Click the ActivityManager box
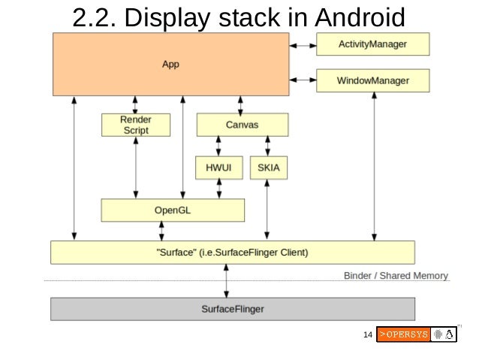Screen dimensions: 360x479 [372, 44]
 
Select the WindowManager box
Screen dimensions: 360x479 [372, 80]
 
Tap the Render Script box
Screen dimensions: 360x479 [136, 125]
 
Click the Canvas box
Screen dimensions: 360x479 [243, 124]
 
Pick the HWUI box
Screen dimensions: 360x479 [218, 168]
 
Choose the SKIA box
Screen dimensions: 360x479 [268, 168]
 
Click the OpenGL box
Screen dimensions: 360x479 [173, 210]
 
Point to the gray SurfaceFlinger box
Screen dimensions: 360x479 [232, 308]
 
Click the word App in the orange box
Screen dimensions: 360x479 [170, 64]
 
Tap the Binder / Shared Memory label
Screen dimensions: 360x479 [396, 276]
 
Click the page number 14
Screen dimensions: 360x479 [367, 334]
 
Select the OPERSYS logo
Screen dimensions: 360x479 [402, 334]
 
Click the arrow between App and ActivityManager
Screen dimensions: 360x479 [303, 45]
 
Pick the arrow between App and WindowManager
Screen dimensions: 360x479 [303, 79]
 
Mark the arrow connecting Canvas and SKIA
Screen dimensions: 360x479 [267, 147]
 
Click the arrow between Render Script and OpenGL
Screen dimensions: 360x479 [136, 167]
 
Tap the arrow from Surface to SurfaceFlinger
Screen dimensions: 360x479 [226, 280]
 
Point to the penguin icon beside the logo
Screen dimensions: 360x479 [449, 334]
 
